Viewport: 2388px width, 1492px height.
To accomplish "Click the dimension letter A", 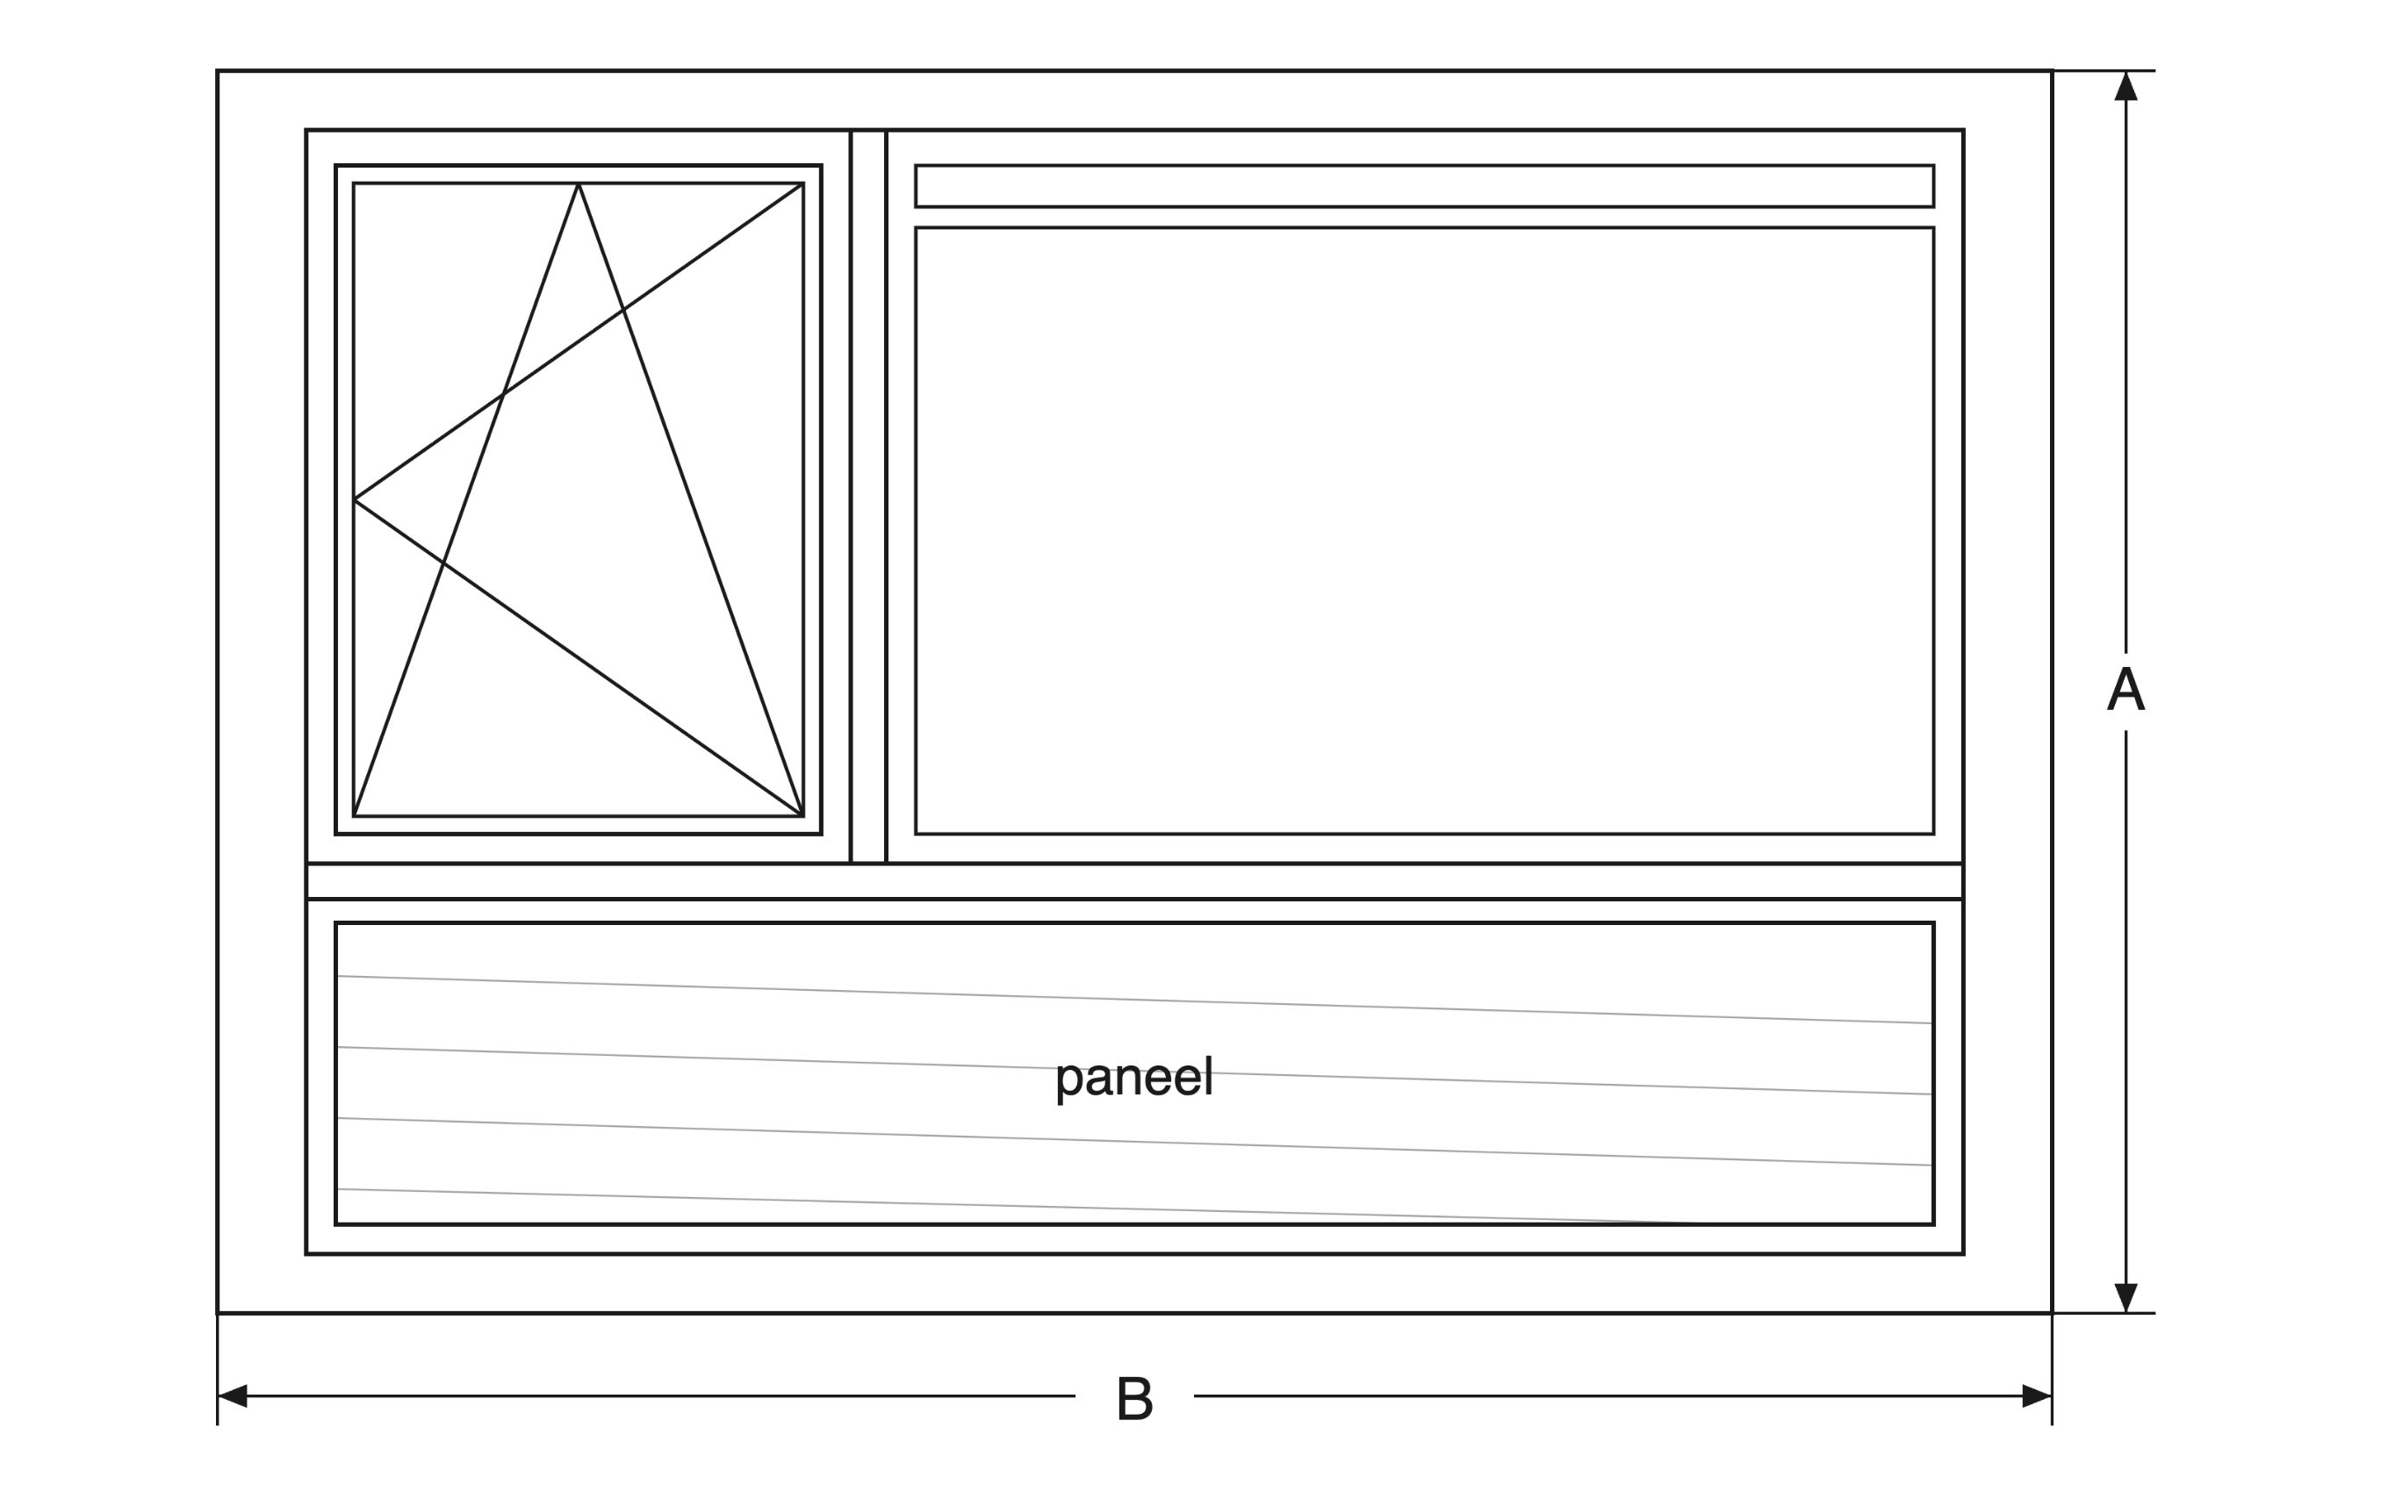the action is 2125,690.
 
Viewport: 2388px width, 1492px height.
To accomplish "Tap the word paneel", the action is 1133,1079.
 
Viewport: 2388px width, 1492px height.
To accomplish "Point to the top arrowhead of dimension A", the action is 2125,86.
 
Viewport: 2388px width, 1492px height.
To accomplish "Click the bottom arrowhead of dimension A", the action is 2125,1298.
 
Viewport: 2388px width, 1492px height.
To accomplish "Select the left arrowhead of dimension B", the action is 232,1396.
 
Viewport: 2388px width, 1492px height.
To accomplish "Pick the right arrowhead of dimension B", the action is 2037,1396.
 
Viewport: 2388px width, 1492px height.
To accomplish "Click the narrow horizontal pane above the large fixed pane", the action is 1424,185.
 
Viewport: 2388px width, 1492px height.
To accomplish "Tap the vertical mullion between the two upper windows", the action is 868,497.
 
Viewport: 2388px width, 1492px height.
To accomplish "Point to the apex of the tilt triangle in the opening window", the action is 579,183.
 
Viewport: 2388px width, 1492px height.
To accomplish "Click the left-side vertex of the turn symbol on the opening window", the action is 355,499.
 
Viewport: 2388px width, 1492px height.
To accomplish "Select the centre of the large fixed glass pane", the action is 1424,531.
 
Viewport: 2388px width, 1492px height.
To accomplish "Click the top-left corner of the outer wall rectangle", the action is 217,70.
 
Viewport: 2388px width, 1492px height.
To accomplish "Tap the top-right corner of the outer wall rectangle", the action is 2053,70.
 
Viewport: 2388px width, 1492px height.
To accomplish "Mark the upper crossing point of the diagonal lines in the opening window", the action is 623,310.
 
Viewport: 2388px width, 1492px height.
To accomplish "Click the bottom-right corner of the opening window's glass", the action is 803,816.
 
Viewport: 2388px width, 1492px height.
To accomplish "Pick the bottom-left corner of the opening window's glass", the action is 353,816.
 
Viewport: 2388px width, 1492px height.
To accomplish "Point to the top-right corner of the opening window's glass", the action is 803,183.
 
